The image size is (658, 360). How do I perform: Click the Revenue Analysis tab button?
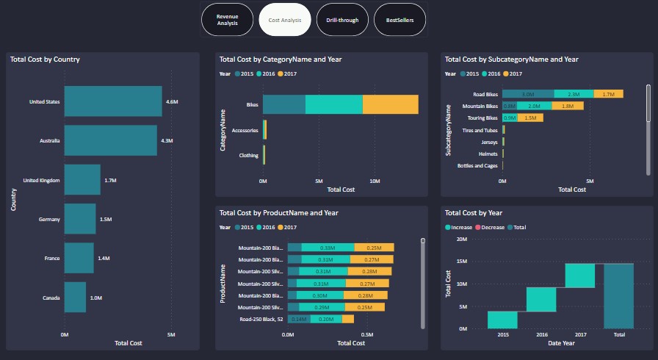(227, 20)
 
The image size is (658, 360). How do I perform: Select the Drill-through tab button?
(342, 20)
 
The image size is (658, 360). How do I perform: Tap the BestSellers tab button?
(400, 20)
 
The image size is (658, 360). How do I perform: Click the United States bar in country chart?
(112, 101)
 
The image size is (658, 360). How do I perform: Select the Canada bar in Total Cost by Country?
(75, 298)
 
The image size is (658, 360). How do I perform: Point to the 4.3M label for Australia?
(167, 140)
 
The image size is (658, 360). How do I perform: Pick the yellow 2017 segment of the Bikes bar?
(390, 105)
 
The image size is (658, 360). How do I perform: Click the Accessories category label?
(245, 130)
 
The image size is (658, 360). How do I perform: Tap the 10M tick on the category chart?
(375, 180)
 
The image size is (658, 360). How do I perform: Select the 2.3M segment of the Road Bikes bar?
(574, 94)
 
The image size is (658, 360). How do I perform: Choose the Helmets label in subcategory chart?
(486, 154)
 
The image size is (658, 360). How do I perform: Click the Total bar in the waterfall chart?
(618, 295)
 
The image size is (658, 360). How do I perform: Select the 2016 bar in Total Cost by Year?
(541, 299)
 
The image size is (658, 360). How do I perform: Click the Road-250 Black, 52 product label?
(261, 319)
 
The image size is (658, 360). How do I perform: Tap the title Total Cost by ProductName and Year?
(278, 213)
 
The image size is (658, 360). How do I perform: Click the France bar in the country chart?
(79, 258)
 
